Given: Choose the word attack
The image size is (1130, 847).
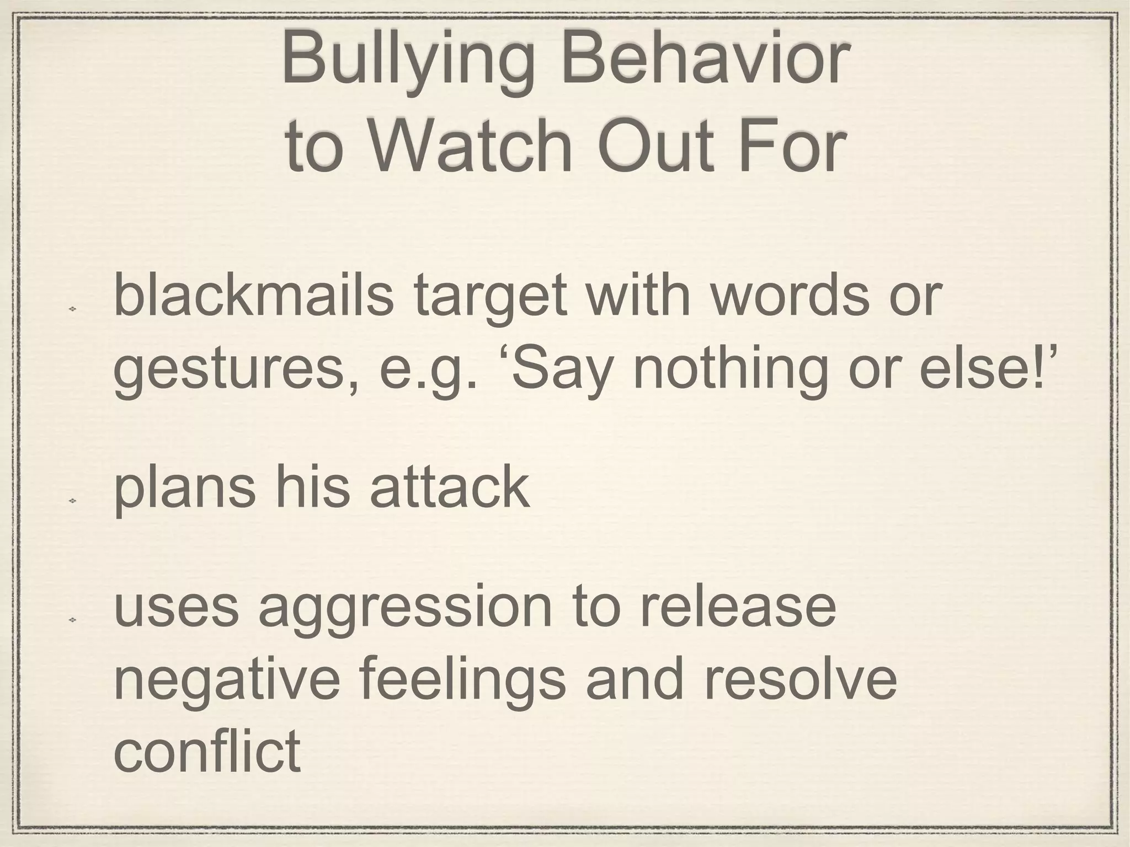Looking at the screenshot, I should point(450,486).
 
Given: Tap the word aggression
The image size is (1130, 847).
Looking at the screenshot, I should point(406,611).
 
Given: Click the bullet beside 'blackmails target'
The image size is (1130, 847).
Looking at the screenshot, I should point(72,309).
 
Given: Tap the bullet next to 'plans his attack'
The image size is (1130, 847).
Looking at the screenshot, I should point(72,501).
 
